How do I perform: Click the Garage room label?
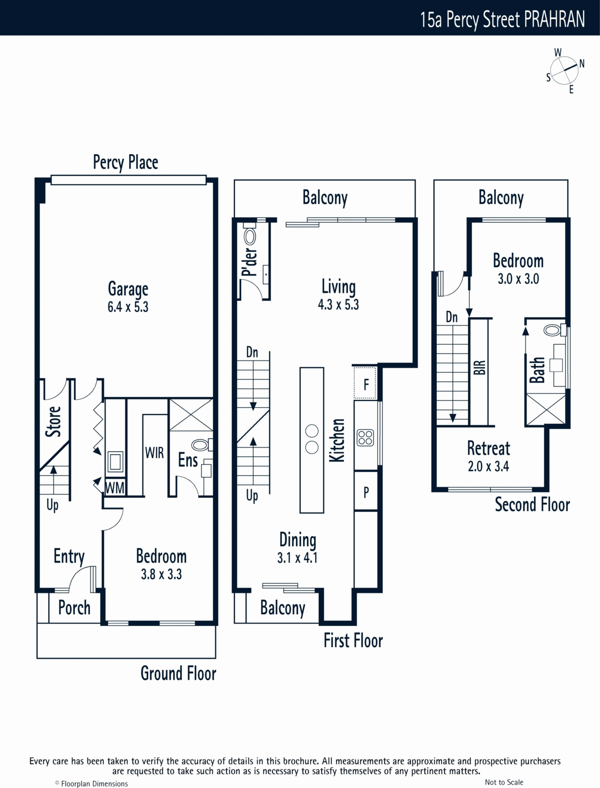pos(128,290)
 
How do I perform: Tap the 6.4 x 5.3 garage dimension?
pos(128,307)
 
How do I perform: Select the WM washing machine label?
pos(115,488)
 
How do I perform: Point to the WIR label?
pos(154,453)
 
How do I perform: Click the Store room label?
pos(53,422)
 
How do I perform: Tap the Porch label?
pos(74,608)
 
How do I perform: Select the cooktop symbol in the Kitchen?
pos(365,438)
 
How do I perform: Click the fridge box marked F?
pos(365,383)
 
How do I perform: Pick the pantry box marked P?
pos(366,492)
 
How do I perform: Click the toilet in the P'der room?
pos(249,234)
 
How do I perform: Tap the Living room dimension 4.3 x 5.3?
pos(338,305)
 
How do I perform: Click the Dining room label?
pos(298,540)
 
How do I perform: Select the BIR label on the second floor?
pos(480,367)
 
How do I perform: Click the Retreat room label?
pos(489,448)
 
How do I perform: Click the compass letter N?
pos(582,64)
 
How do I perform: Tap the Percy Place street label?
pos(125,162)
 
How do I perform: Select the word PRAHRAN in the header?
pos(554,19)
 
